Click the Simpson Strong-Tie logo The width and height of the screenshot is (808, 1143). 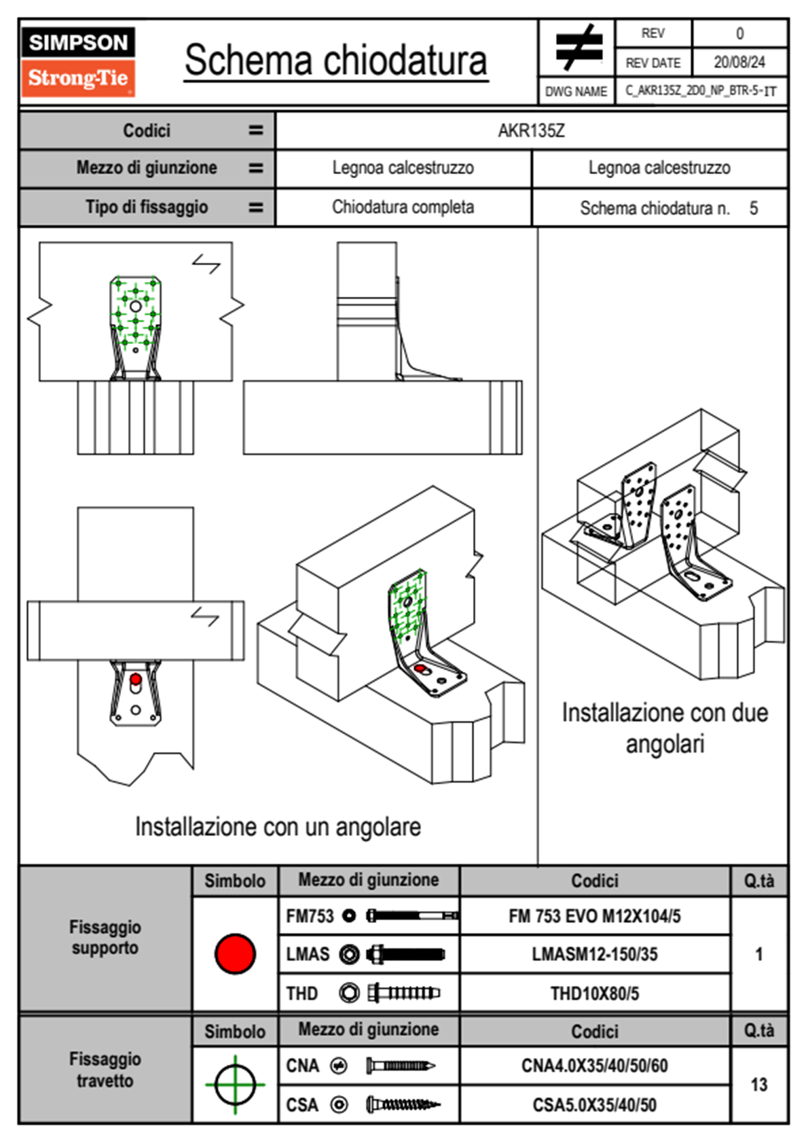(78, 61)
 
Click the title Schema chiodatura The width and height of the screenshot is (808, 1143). (335, 60)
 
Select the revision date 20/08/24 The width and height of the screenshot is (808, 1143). (739, 63)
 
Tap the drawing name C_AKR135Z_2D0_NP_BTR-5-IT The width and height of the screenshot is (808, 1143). (701, 91)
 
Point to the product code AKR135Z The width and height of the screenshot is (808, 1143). (531, 131)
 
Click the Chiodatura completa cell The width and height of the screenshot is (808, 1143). (403, 207)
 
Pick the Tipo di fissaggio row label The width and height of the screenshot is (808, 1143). (147, 207)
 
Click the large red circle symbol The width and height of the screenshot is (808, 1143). (235, 953)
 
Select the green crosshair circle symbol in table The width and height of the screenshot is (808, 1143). (235, 1085)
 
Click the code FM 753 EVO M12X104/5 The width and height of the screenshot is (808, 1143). (594, 917)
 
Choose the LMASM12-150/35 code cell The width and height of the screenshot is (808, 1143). (594, 955)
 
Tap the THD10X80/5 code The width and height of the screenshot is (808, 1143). (594, 993)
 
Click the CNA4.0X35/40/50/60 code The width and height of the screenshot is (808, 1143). (594, 1066)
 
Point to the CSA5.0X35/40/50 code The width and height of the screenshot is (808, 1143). (594, 1105)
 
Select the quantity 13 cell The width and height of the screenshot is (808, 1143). (758, 1085)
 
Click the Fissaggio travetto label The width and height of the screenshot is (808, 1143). (105, 1070)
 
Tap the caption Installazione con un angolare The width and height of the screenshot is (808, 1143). (278, 827)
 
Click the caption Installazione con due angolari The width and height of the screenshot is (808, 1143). (665, 728)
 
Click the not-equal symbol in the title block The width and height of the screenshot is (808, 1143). (578, 48)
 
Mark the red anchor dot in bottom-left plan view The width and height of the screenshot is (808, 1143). (136, 680)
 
